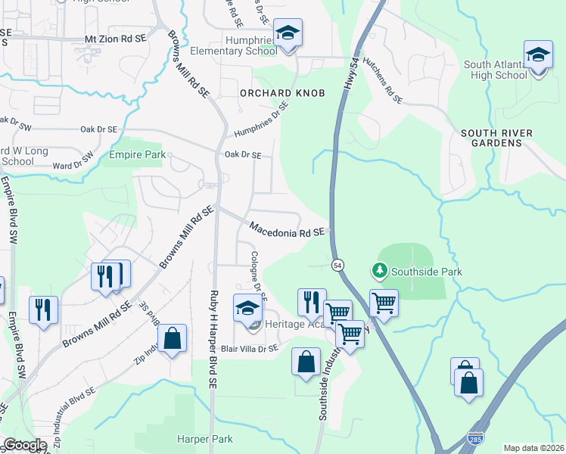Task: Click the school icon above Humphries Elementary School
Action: pyautogui.click(x=287, y=34)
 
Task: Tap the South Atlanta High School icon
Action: pyautogui.click(x=538, y=57)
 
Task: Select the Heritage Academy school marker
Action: pyautogui.click(x=247, y=309)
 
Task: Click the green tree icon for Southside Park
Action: pyautogui.click(x=378, y=270)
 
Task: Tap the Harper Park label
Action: pyautogui.click(x=204, y=439)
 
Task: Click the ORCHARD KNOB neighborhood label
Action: pyautogui.click(x=282, y=93)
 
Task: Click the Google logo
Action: pyautogui.click(x=25, y=445)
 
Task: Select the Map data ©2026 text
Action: pyautogui.click(x=534, y=448)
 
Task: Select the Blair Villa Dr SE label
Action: pyautogui.click(x=250, y=349)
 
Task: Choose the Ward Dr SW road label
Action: pyautogui.click(x=73, y=161)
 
